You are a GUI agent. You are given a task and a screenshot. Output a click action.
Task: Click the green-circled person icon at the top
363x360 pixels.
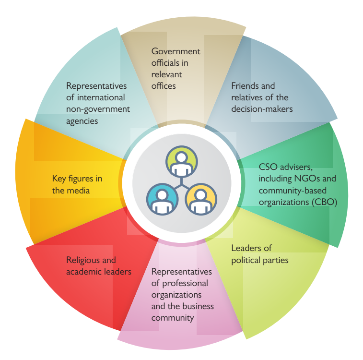pyautogui.click(x=181, y=161)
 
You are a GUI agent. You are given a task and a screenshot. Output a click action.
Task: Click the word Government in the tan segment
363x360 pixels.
pyautogui.click(x=176, y=51)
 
